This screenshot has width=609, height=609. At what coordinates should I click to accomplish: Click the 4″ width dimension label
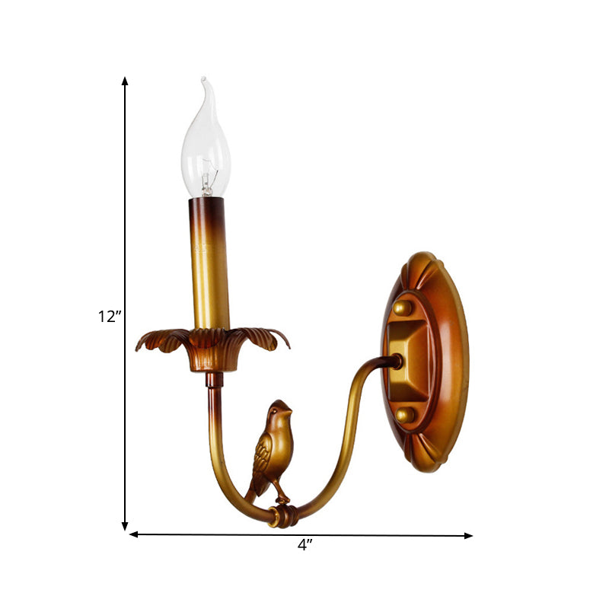[x=305, y=545]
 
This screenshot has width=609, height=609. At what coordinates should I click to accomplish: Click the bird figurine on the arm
[x=269, y=449]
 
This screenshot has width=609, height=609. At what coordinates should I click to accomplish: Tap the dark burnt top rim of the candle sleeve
[x=206, y=204]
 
